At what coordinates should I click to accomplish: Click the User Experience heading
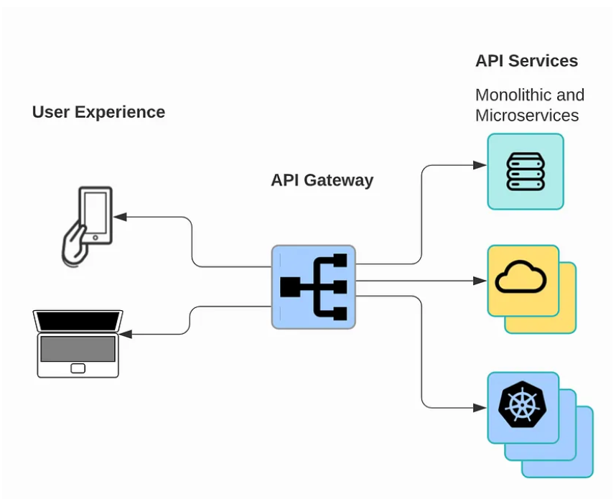(98, 112)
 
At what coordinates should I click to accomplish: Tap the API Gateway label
(322, 179)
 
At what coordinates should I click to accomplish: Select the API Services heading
(526, 61)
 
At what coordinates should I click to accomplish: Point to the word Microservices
(526, 116)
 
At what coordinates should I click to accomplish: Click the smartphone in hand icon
(86, 226)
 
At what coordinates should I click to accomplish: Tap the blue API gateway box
(313, 287)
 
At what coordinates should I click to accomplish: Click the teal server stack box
(526, 172)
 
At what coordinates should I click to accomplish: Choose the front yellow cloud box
(523, 281)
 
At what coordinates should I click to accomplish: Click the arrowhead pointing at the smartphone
(120, 217)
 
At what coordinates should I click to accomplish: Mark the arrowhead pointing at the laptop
(125, 335)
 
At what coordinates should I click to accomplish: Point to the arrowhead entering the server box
(480, 165)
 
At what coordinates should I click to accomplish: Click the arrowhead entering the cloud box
(480, 281)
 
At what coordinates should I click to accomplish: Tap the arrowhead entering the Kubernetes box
(480, 408)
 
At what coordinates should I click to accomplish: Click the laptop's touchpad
(78, 368)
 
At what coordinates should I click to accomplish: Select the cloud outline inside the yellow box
(521, 279)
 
